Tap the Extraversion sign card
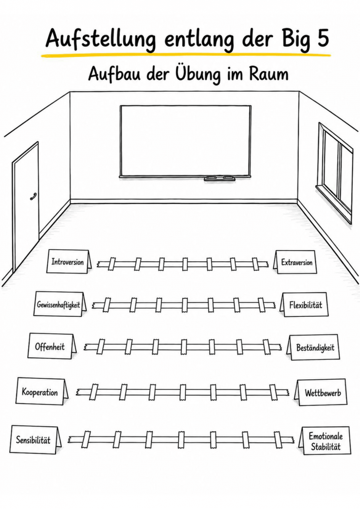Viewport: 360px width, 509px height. coord(295,262)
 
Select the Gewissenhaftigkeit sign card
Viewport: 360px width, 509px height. coord(60,304)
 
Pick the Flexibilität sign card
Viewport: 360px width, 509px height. coord(304,305)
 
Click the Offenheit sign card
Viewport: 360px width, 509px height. coord(52,347)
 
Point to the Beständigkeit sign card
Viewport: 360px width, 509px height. coord(313,347)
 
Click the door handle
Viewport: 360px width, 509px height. coord(33,196)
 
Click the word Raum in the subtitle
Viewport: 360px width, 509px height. coord(269,74)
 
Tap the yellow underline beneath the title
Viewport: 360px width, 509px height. coord(186,55)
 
